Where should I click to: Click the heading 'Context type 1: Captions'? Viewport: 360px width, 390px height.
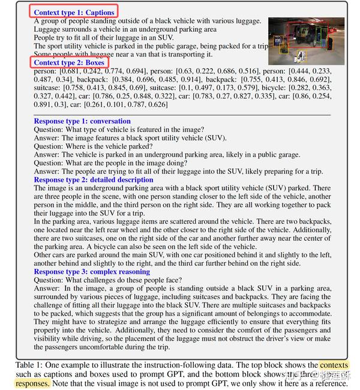click(74, 12)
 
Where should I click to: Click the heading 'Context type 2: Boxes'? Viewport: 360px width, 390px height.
click(69, 62)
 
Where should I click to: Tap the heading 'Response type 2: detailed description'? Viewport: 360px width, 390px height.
click(94, 179)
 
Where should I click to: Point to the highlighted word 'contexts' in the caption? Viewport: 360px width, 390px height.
click(333, 365)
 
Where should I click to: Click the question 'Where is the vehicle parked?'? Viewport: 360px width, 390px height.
click(88, 146)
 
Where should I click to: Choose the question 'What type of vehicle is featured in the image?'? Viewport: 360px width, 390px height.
click(119, 129)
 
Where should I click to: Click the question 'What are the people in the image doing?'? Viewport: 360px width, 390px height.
click(112, 163)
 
